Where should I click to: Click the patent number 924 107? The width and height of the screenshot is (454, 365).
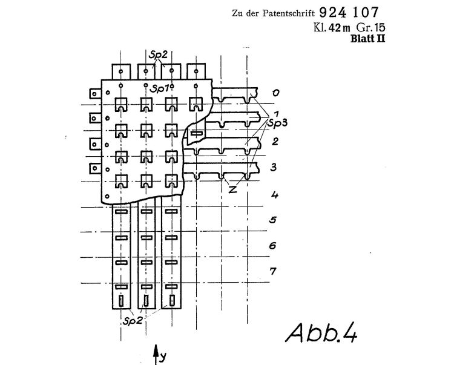349,13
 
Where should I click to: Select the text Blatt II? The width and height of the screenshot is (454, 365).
367,39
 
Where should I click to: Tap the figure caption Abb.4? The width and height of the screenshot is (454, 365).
321,333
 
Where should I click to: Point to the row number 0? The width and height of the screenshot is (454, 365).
275,93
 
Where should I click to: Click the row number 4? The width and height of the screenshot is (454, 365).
275,194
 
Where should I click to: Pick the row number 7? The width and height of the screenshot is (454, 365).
273,271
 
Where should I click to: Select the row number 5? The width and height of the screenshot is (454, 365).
273,220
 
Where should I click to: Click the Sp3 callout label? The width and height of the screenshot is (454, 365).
277,123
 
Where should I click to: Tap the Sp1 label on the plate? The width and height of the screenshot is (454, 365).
160,88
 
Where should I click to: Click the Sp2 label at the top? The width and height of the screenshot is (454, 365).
158,54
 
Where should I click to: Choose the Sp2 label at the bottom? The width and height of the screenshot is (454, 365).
133,321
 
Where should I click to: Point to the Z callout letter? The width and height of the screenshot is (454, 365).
232,189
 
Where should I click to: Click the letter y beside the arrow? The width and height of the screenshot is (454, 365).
163,357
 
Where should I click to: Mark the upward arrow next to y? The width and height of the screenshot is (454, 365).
156,355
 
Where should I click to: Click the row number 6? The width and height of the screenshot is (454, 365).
273,246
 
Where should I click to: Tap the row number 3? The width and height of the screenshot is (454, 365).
274,167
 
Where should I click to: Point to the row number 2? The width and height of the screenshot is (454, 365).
275,142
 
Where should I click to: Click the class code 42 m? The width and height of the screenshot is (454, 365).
340,28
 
